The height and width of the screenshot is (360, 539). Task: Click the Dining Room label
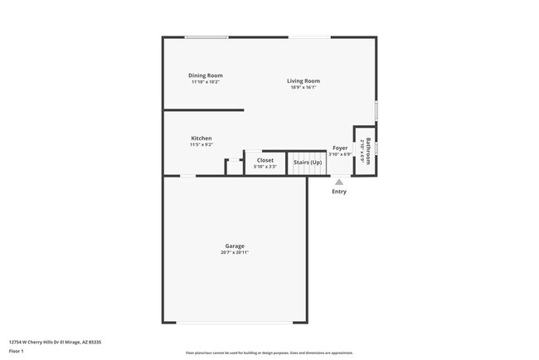(206, 75)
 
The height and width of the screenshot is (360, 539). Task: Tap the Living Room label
(303, 80)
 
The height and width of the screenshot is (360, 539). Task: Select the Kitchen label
(202, 138)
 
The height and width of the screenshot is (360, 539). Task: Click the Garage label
(235, 246)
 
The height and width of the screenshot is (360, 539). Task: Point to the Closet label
(265, 160)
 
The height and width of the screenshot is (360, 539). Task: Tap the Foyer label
(340, 148)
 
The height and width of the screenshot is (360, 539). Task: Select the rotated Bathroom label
(369, 149)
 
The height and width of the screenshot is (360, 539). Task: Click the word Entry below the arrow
(339, 192)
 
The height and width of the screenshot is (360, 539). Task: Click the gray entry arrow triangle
(339, 182)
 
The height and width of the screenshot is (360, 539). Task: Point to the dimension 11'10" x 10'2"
(206, 82)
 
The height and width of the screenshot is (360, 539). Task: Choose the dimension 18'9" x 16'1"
(303, 87)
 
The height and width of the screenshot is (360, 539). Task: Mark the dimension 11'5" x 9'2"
(202, 144)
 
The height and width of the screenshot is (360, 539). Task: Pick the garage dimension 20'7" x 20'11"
(235, 252)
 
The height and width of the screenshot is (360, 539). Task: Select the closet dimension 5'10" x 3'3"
(265, 167)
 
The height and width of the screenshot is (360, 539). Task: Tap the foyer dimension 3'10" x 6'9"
(340, 154)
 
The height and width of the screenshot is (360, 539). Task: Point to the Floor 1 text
(17, 351)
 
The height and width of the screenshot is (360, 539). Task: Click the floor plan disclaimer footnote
(269, 353)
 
